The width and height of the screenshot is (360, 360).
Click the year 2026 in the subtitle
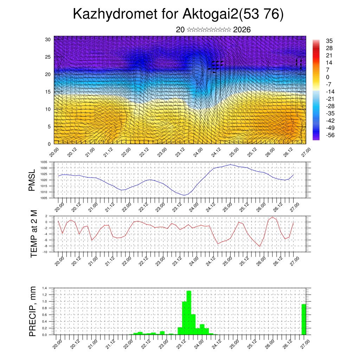[242, 30]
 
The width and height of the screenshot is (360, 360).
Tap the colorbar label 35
[329, 41]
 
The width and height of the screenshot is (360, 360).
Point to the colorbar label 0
[328, 77]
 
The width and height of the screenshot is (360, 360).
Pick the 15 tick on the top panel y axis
[48, 92]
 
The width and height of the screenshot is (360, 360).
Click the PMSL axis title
[32, 180]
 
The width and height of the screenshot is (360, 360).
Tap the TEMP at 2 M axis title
[34, 233]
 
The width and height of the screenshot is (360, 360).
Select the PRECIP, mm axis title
[33, 311]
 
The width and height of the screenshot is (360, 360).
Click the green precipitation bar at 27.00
[304, 319]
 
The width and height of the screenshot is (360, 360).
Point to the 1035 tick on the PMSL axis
[44, 162]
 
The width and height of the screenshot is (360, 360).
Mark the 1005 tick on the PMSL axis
[44, 198]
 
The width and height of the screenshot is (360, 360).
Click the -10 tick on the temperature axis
[45, 252]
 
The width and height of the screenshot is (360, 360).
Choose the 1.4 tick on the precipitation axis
[44, 288]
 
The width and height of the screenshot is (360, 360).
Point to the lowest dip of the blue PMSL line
[184, 195]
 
